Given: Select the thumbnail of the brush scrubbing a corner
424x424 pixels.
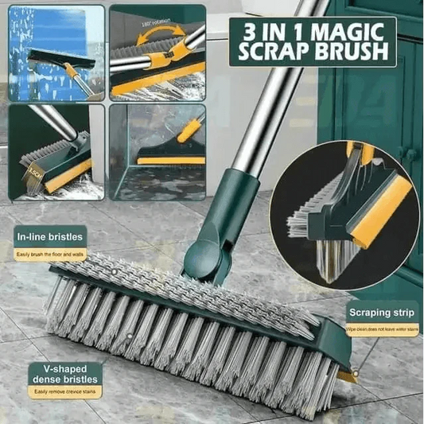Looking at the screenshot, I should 157,151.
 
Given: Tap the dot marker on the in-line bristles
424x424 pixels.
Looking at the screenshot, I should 114,272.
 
